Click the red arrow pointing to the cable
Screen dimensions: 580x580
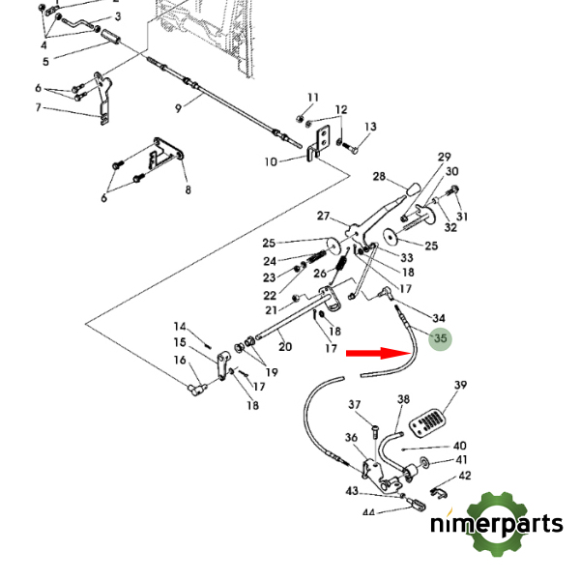click(377, 353)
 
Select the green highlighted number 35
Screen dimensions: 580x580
click(441, 339)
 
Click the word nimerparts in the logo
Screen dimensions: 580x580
click(497, 525)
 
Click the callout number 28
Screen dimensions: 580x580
click(380, 177)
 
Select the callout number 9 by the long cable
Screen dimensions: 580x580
click(179, 108)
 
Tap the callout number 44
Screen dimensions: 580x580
click(367, 512)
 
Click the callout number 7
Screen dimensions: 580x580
click(39, 108)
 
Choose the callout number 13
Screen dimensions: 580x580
click(370, 128)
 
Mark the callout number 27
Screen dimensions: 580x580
click(324, 216)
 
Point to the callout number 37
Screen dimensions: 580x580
click(355, 405)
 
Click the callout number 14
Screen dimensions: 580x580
click(180, 326)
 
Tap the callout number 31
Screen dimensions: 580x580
click(462, 216)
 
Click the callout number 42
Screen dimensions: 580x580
click(465, 475)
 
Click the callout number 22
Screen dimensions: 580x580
click(269, 295)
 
